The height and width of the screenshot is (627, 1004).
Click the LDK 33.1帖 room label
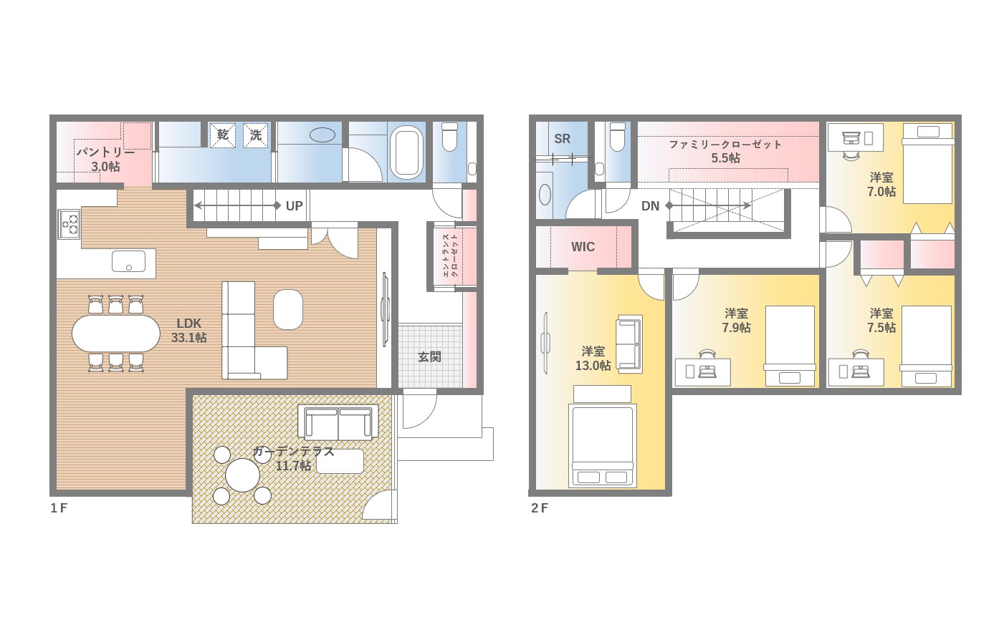tap(188, 330)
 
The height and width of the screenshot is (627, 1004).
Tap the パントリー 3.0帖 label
tap(106, 160)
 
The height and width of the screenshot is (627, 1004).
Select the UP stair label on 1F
tap(294, 206)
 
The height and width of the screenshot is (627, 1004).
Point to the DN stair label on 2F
tap(650, 206)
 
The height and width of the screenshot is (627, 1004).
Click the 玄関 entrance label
tap(429, 356)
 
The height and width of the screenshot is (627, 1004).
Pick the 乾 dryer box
tap(222, 135)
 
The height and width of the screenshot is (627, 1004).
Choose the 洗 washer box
tap(256, 135)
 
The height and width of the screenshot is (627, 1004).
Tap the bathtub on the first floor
tap(406, 152)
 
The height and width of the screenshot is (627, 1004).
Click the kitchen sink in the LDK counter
tap(129, 261)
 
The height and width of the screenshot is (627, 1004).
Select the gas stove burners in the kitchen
tap(69, 224)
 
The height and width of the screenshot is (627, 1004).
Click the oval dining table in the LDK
tap(116, 334)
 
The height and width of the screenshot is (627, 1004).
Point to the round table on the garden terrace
tap(242, 475)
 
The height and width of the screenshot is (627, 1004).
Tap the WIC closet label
tap(583, 247)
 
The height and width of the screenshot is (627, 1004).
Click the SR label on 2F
tap(562, 139)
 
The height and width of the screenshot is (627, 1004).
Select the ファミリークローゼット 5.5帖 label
tap(726, 151)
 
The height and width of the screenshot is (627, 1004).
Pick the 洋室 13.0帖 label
tap(593, 359)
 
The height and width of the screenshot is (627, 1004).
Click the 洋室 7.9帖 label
tap(736, 321)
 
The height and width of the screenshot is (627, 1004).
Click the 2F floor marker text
tap(540, 508)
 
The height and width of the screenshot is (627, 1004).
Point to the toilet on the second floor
tap(618, 137)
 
